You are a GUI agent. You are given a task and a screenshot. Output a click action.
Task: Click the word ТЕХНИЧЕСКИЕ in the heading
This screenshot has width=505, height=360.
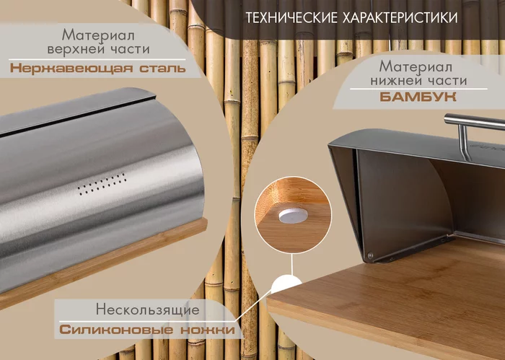(x=291, y=18)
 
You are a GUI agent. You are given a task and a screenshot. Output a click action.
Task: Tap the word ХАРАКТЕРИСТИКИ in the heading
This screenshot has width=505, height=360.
(x=400, y=18)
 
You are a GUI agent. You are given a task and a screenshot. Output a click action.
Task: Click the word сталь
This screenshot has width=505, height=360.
(x=162, y=69)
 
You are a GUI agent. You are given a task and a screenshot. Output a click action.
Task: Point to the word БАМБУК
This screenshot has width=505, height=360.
(x=418, y=97)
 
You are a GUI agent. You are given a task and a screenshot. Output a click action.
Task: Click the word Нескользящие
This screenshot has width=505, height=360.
(x=147, y=309)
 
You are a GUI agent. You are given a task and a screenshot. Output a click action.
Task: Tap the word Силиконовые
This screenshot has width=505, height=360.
(x=116, y=330)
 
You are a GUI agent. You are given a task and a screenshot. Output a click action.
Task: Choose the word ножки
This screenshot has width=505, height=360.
(x=208, y=330)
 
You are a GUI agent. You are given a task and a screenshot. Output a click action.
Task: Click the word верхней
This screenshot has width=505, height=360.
(x=76, y=49)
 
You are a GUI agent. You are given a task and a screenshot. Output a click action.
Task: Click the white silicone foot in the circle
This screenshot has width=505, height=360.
(x=293, y=216)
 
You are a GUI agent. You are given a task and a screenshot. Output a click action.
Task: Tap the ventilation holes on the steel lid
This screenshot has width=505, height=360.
(x=102, y=184)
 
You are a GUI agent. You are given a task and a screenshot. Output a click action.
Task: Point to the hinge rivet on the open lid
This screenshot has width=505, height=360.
(x=370, y=255)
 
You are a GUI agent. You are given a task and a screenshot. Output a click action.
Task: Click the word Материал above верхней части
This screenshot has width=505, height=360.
(x=98, y=35)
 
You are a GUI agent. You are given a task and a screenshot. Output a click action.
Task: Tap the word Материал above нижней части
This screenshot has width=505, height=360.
(x=416, y=66)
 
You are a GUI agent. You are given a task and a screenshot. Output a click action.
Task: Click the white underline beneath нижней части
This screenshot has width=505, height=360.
(x=418, y=89)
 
